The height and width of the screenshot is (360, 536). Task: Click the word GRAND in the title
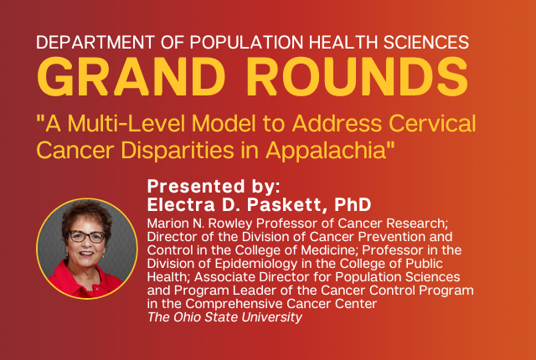coord(131,77)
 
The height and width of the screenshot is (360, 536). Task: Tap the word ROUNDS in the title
coord(358,77)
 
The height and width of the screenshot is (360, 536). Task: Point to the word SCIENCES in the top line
coord(426,43)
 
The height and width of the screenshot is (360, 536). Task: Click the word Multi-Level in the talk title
coord(126,123)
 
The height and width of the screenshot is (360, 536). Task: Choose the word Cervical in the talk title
coord(432,123)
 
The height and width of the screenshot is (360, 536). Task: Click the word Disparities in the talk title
coord(178,150)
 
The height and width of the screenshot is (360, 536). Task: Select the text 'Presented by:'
coord(214,187)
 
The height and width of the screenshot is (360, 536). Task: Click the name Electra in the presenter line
coord(181,204)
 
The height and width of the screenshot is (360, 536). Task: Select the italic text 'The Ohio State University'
coord(225,317)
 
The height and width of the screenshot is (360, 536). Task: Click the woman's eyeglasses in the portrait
coord(87,236)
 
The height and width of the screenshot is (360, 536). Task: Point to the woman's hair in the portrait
coord(87,216)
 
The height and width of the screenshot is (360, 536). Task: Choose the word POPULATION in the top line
coord(246,43)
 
